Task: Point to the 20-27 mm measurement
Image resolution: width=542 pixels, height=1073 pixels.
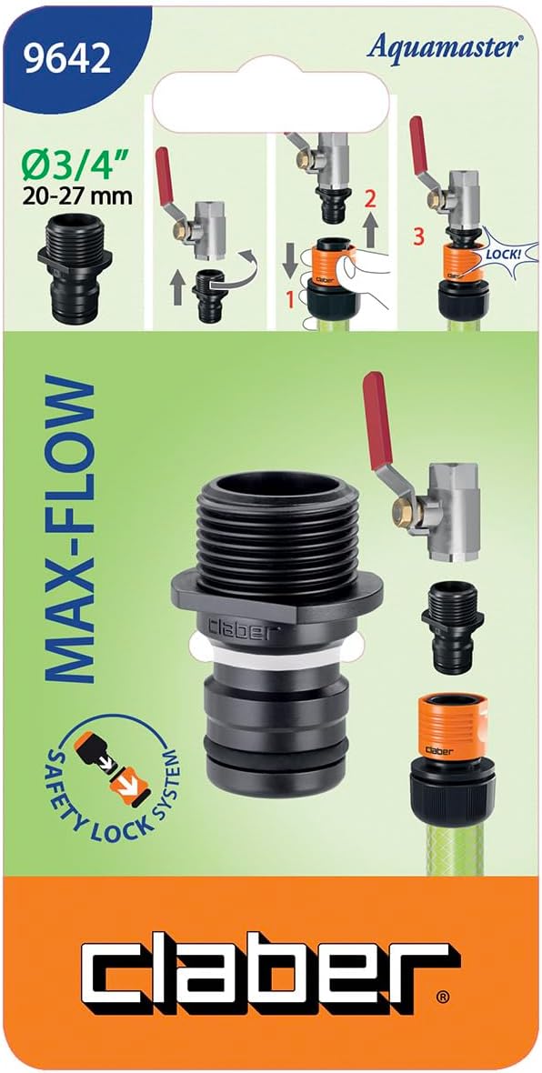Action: click(x=76, y=197)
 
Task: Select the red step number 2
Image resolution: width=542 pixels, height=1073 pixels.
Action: click(x=369, y=200)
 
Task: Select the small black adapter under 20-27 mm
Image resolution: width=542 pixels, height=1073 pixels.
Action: click(x=75, y=271)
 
